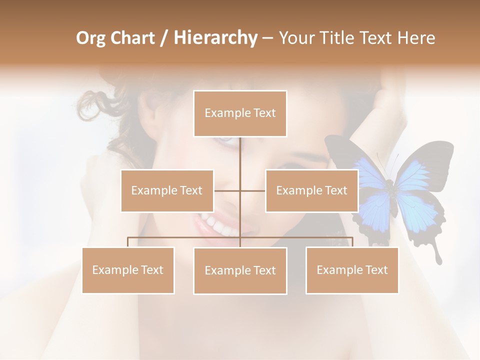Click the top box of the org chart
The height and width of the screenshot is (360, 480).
pyautogui.click(x=240, y=113)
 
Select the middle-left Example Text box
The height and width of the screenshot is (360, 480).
pyautogui.click(x=167, y=190)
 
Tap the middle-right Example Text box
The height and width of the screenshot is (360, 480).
pyautogui.click(x=311, y=190)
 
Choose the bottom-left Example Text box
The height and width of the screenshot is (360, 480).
pyautogui.click(x=128, y=270)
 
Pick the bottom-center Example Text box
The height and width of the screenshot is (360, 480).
pyautogui.click(x=240, y=270)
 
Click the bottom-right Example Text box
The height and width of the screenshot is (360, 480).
pyautogui.click(x=352, y=270)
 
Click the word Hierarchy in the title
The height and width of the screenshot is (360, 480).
pyautogui.click(x=215, y=38)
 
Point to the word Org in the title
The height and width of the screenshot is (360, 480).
pyautogui.click(x=90, y=38)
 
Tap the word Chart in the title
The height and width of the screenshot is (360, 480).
pyautogui.click(x=131, y=38)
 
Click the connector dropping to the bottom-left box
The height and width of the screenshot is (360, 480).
pyautogui.click(x=128, y=242)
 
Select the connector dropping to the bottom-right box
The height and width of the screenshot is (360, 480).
pyautogui.click(x=352, y=242)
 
